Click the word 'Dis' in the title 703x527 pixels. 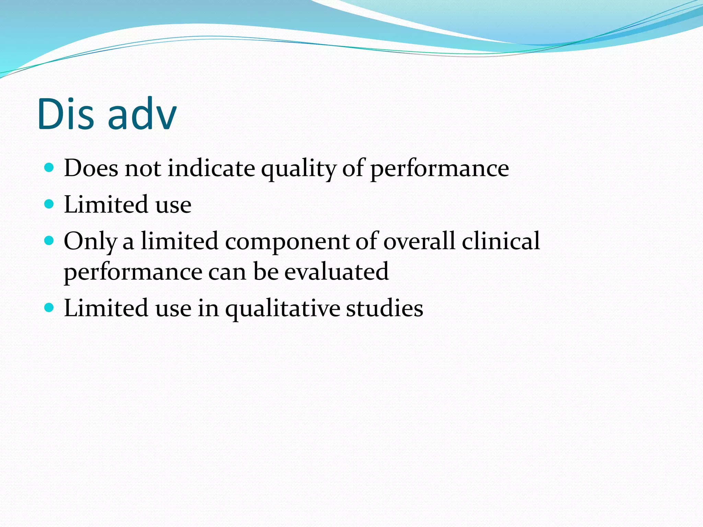65,114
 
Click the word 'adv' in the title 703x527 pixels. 142,114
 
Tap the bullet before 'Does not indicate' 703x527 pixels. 49,168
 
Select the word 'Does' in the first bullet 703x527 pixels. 91,168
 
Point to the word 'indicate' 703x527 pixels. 211,168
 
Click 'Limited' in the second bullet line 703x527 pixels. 106,204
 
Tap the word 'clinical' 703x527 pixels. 501,241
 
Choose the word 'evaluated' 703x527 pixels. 336,272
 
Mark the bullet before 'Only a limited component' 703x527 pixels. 49,241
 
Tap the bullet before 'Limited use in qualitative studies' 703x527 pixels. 49,307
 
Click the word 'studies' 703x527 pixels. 384,308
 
